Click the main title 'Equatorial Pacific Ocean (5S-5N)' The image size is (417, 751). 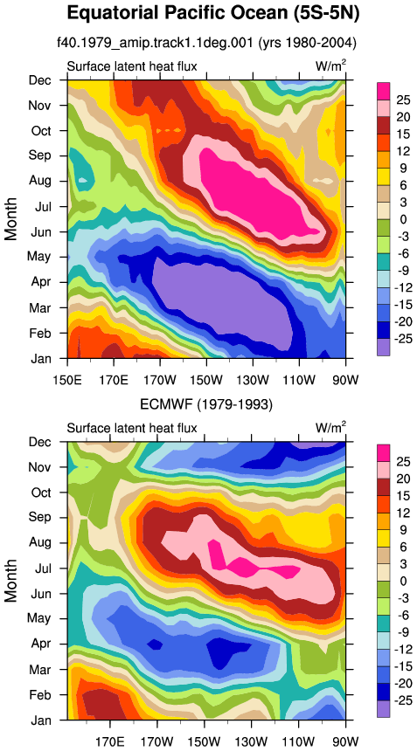click(x=213, y=13)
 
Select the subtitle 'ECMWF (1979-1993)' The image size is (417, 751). click(x=206, y=405)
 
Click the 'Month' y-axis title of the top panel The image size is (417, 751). click(x=11, y=219)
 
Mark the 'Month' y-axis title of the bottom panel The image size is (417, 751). click(x=11, y=580)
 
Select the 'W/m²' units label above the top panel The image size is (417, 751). click(x=330, y=65)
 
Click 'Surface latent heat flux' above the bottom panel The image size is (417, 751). click(x=132, y=427)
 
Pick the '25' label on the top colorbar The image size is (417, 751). click(x=403, y=100)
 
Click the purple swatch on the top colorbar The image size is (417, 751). click(x=383, y=347)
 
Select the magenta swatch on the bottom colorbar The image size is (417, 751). click(x=383, y=452)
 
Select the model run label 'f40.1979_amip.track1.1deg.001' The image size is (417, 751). click(x=155, y=44)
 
